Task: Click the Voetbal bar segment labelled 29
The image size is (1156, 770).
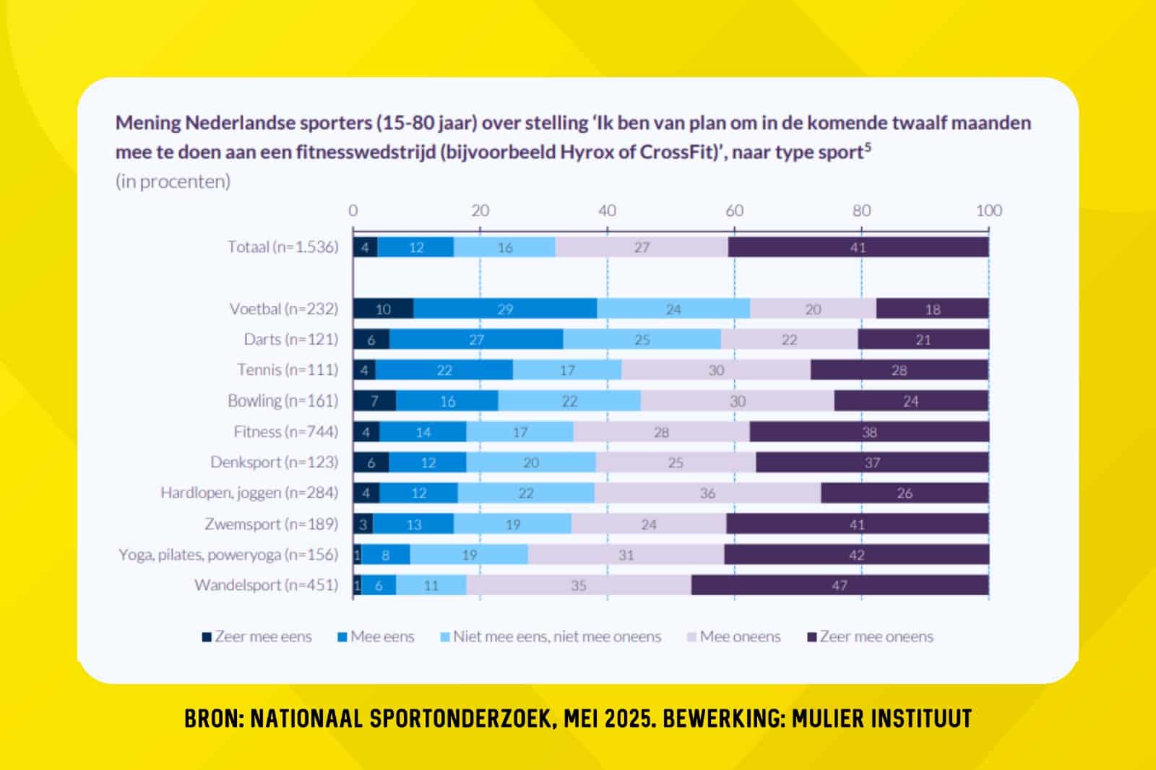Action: coord(505,309)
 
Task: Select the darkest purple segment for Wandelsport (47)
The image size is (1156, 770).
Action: coord(840,586)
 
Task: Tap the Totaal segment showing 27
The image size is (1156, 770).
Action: coord(642,247)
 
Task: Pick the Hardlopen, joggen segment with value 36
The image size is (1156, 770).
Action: coord(707,493)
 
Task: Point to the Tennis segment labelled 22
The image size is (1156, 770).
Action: coord(444,371)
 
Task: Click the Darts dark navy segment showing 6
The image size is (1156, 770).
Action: coord(371,339)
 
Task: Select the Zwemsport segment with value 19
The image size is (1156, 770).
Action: coord(512,524)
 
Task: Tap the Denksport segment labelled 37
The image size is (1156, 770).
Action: coord(872,462)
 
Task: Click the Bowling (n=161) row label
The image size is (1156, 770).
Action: coord(282,401)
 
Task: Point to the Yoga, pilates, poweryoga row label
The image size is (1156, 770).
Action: coord(228,555)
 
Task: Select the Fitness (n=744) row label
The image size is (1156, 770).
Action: coord(285,432)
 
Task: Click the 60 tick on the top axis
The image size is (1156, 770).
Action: coord(734,210)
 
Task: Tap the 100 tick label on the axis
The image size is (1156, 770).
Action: coord(988,210)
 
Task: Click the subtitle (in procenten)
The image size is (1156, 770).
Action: coord(173,181)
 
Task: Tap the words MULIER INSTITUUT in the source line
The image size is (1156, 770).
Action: coord(881,719)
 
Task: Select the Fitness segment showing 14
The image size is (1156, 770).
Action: coord(423,432)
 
